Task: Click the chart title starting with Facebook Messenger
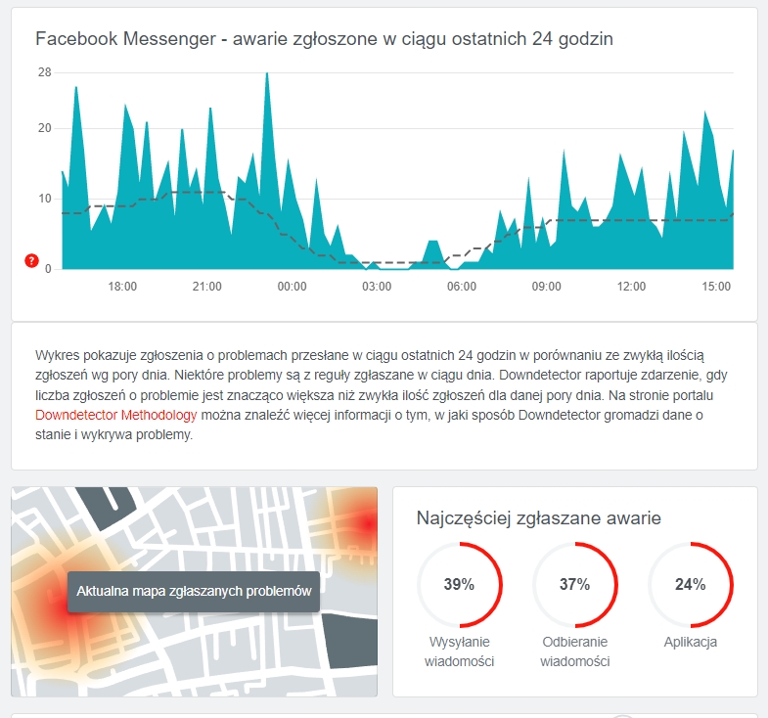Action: click(x=324, y=38)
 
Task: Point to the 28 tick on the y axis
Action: click(x=45, y=72)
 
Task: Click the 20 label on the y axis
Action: click(x=45, y=128)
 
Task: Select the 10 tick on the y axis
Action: click(x=45, y=199)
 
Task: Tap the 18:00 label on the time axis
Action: click(x=122, y=287)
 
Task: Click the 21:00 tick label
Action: click(x=207, y=287)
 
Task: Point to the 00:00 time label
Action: click(x=293, y=287)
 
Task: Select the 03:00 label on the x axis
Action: click(x=377, y=287)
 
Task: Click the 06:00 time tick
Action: click(x=462, y=287)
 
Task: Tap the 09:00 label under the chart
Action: click(x=547, y=287)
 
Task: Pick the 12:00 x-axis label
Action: click(x=632, y=287)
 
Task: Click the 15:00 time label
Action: click(x=716, y=287)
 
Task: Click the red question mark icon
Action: click(x=31, y=261)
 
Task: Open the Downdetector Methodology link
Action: click(x=115, y=415)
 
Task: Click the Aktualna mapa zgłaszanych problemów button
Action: click(x=194, y=592)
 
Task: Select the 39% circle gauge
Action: click(x=459, y=585)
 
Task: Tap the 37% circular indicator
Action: click(x=574, y=585)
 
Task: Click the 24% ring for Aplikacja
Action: click(x=690, y=585)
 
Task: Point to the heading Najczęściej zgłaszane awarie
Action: click(x=538, y=518)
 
